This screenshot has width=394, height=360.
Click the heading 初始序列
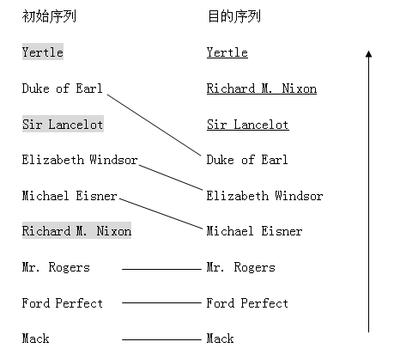click(x=49, y=16)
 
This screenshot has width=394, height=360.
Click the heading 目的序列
click(x=234, y=16)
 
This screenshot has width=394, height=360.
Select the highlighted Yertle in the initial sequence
click(x=43, y=52)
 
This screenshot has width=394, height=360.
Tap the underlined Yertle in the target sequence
click(x=227, y=52)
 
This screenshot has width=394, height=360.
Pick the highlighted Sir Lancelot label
click(x=63, y=124)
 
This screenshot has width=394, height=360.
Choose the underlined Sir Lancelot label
click(x=248, y=125)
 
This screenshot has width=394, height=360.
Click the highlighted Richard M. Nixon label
click(x=76, y=230)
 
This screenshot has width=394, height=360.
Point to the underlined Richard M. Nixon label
click(x=262, y=88)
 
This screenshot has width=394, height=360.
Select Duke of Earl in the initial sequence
click(x=62, y=88)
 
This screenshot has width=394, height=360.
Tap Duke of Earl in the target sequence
click(x=247, y=160)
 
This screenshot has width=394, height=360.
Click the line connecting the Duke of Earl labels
click(x=155, y=125)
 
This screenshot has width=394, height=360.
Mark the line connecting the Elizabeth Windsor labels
click(x=171, y=177)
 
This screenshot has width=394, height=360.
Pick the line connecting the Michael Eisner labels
click(x=161, y=213)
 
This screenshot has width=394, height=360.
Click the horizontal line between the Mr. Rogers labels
click(x=161, y=269)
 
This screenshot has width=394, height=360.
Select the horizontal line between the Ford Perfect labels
click(x=161, y=302)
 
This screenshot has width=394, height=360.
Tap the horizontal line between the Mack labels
click(x=161, y=339)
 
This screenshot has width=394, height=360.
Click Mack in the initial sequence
click(x=35, y=339)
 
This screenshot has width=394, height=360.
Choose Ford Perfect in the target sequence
click(x=247, y=303)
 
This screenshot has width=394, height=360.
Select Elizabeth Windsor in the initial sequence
click(x=80, y=160)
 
